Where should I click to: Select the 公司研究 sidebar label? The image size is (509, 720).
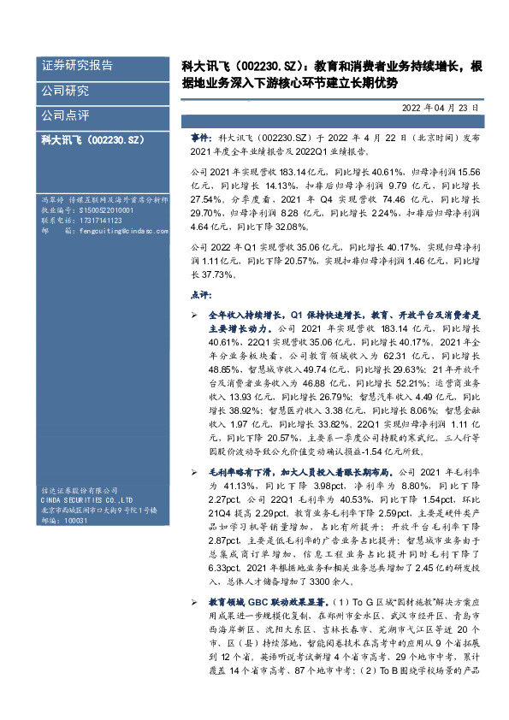point(65,91)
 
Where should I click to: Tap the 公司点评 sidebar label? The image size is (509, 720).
point(65,115)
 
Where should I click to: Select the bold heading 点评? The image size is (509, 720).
point(198,294)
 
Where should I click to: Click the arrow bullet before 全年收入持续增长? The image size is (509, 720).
point(194,316)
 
